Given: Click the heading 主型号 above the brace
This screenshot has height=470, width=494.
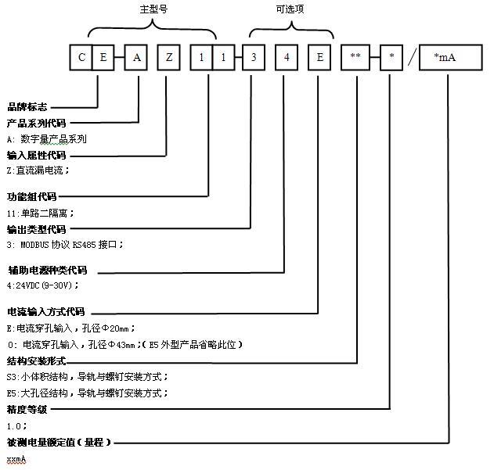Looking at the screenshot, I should (152, 9).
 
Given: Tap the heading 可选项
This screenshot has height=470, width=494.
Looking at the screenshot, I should (290, 9).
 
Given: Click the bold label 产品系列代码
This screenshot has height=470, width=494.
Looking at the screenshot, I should (36, 123).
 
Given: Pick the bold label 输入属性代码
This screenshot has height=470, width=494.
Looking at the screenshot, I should (36, 155).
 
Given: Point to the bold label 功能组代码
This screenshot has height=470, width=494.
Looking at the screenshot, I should (31, 196).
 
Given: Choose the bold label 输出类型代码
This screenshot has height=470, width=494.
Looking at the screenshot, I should (36, 229).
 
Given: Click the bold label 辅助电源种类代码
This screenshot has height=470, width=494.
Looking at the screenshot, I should (47, 270).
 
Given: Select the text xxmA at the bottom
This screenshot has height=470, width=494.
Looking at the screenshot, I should (16, 459).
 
